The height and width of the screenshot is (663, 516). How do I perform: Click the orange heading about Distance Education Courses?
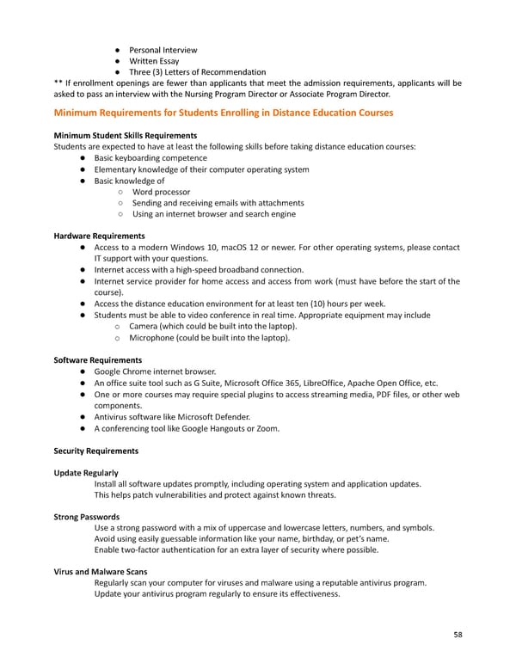224,113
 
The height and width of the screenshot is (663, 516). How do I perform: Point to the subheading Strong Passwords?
86,517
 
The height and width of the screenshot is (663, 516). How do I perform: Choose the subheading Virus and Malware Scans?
100,572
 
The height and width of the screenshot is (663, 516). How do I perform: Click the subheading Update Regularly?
86,473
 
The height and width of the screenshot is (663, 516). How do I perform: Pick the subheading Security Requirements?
95,451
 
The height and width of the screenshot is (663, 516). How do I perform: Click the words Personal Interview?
163,50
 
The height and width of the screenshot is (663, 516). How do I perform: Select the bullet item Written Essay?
156,61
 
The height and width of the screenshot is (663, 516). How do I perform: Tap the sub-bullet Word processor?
162,192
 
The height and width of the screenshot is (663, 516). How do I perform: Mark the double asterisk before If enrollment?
58,83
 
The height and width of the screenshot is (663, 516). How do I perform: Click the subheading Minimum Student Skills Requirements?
126,136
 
